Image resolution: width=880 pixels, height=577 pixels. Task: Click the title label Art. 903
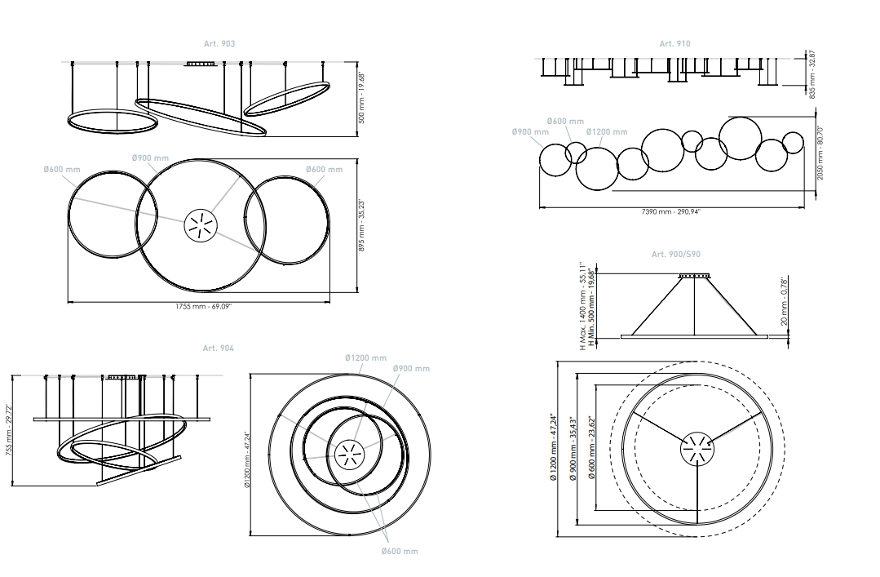[219, 43]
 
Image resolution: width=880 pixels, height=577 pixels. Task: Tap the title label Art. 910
[674, 43]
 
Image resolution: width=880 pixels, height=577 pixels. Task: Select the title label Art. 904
[219, 348]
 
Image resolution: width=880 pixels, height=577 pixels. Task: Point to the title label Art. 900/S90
[675, 255]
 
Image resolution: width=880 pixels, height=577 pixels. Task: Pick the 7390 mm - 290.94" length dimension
[671, 211]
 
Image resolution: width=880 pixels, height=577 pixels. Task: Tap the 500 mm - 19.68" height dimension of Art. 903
[363, 95]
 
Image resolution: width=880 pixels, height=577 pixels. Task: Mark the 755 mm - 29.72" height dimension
[9, 430]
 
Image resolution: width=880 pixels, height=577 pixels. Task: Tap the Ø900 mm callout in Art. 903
[150, 158]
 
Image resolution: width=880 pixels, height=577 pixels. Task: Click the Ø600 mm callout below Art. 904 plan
[400, 552]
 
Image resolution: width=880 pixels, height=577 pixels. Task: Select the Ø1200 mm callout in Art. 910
[607, 132]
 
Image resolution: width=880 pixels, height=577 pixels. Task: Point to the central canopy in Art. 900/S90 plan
[696, 447]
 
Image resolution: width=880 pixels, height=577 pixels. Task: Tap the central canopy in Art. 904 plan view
[349, 454]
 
